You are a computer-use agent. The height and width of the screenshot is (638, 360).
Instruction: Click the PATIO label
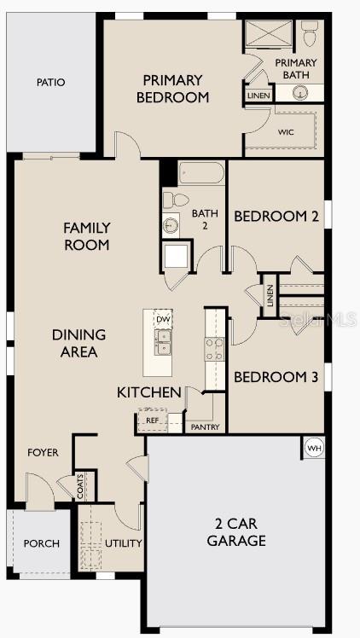point(51,83)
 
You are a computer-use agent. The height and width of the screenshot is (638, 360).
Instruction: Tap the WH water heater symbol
point(313,447)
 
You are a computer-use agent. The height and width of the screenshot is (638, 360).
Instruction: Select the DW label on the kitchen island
point(162,320)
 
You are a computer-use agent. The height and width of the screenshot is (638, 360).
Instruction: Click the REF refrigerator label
point(152,420)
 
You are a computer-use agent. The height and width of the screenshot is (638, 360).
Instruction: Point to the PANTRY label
point(205,426)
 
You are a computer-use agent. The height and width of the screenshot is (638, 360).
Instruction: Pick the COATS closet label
point(81,487)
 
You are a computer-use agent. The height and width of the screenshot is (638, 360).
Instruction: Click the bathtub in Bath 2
point(202,174)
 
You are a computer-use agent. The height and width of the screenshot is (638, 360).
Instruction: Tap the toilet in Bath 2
point(177,200)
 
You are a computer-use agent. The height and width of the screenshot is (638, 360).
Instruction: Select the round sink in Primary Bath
point(299,94)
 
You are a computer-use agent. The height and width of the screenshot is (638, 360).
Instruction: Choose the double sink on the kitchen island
point(162,342)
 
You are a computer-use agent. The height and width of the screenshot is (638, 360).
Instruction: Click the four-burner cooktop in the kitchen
point(214,347)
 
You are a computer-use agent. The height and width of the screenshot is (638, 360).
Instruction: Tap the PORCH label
point(40,543)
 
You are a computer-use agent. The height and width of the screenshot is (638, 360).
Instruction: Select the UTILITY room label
point(123,543)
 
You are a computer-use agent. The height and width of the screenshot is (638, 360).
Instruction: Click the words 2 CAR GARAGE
point(235,532)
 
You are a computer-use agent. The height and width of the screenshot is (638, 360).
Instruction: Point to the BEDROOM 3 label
point(276,377)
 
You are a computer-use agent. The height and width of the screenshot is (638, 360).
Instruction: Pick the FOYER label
point(43,452)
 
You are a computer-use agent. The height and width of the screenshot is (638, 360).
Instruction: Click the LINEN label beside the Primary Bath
point(258,96)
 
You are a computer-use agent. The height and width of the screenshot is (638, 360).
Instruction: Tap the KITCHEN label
point(149,392)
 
